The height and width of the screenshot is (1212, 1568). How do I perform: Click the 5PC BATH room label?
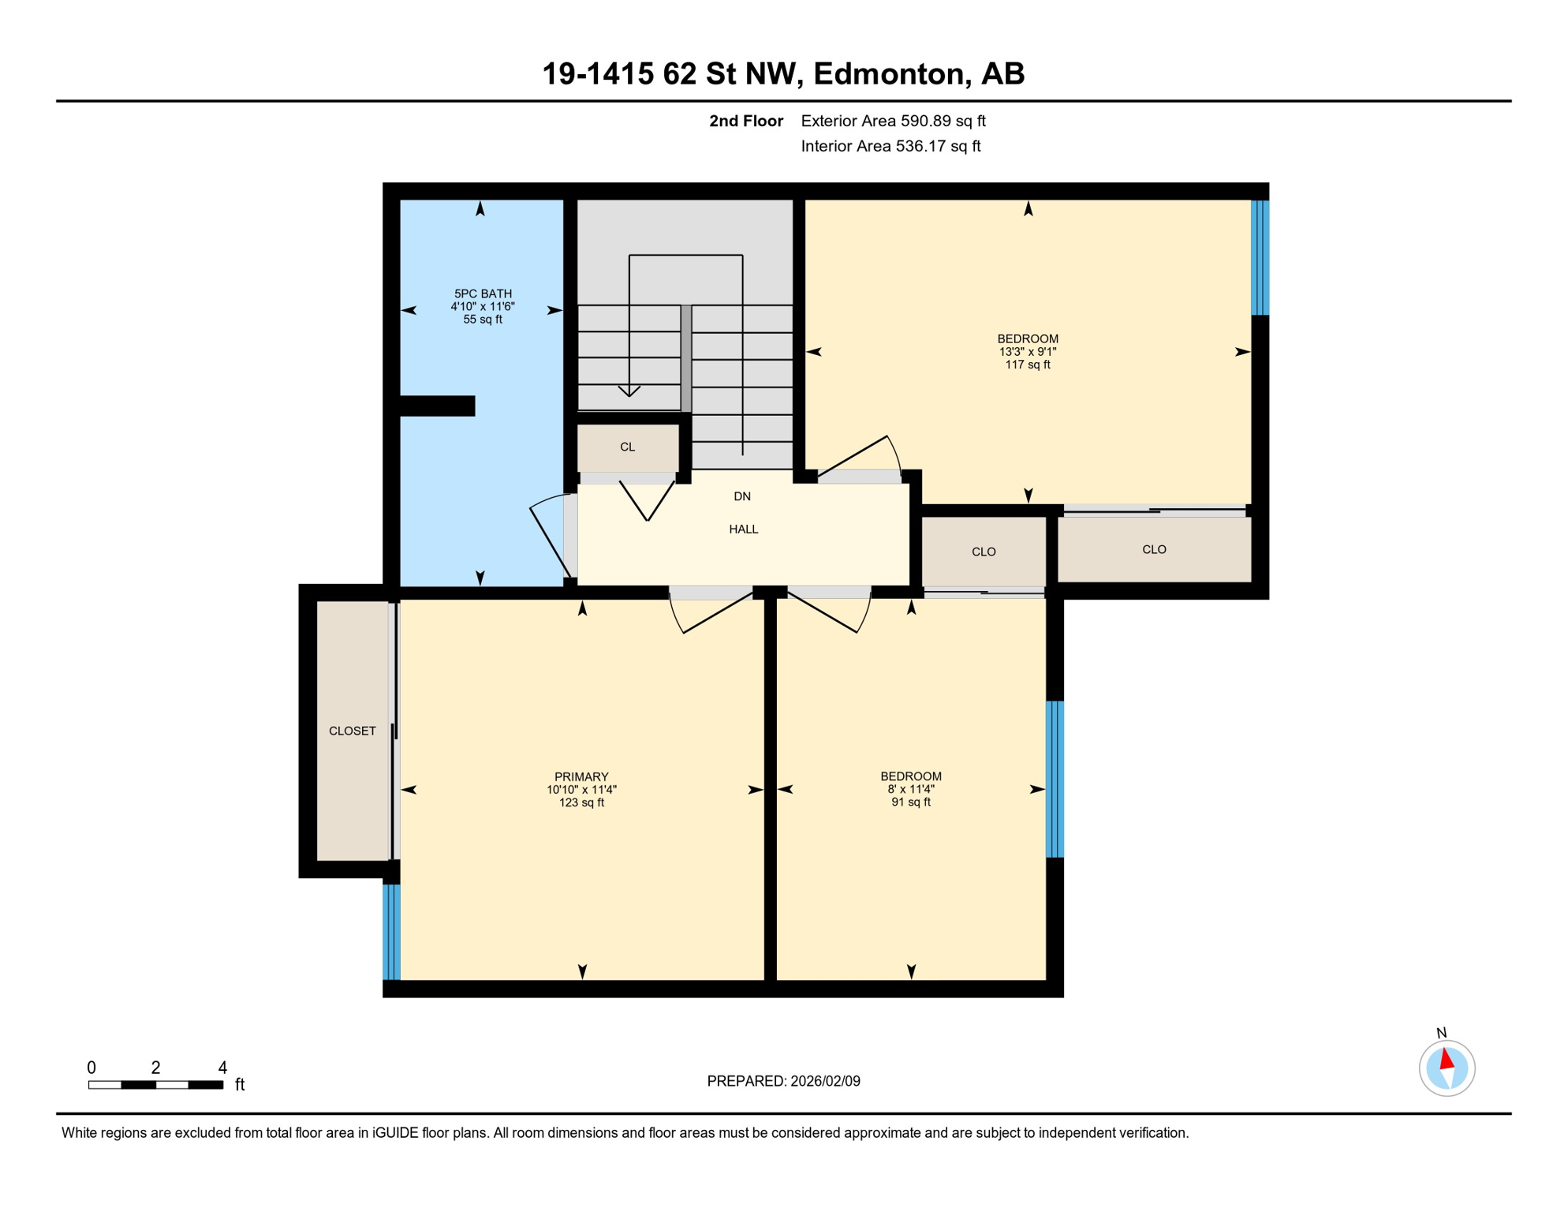tap(483, 294)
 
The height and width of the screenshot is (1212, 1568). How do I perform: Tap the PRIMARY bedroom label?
tap(581, 776)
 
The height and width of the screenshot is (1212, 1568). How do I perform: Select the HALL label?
tap(743, 529)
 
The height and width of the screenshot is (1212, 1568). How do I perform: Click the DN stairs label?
tap(742, 496)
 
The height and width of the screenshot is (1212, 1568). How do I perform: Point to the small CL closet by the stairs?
tap(627, 447)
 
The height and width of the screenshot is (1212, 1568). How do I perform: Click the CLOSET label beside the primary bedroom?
tap(352, 731)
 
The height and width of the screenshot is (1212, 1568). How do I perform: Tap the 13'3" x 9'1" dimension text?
tap(1027, 352)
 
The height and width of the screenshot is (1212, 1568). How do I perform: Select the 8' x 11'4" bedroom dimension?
tap(911, 789)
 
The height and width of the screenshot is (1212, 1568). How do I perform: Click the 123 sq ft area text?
tap(581, 802)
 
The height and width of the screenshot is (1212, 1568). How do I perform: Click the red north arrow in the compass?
tap(1447, 1058)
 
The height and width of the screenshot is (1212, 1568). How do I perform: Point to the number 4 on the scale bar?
tap(223, 1068)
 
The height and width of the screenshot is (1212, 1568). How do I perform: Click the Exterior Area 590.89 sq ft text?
tap(893, 121)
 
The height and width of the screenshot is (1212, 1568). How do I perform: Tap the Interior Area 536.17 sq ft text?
tap(890, 146)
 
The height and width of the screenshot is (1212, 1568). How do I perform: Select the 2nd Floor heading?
tap(745, 121)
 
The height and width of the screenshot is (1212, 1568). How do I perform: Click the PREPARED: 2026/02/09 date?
tap(783, 1081)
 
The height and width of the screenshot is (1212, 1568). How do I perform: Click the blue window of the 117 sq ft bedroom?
tap(1260, 258)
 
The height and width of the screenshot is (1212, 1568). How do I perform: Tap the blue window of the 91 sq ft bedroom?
tap(1055, 779)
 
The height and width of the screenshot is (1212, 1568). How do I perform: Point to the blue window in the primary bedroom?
tap(391, 932)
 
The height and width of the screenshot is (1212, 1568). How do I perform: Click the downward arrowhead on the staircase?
tap(629, 391)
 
